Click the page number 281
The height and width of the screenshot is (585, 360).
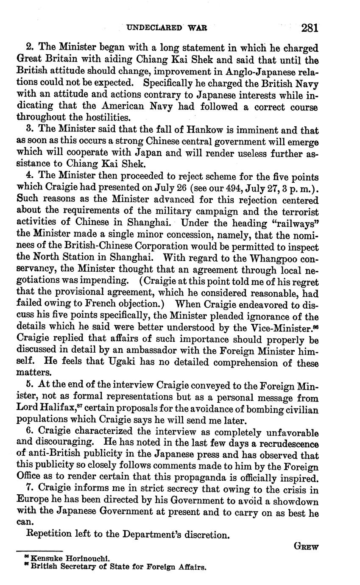pyautogui.click(x=310, y=28)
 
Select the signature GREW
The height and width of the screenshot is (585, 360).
pyautogui.click(x=306, y=547)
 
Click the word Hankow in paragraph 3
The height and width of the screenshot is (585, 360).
pyautogui.click(x=184, y=130)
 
